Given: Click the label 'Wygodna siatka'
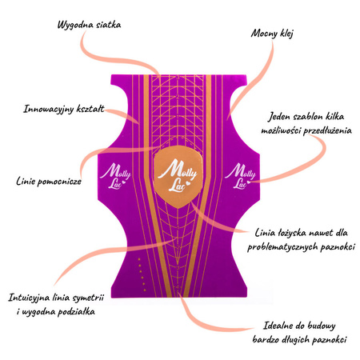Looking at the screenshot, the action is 89,25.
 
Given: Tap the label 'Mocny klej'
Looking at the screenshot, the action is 272,34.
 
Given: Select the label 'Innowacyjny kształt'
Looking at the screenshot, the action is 64,109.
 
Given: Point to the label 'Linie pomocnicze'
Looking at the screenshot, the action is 49,182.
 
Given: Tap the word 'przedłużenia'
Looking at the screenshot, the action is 328,130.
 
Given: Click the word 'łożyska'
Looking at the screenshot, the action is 291,233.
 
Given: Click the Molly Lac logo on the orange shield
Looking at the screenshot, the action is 178,175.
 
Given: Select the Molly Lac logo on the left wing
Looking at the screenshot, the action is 115,176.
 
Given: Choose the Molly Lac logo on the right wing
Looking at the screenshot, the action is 240,176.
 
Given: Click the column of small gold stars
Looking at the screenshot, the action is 142,274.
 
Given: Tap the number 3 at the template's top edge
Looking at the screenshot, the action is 178,78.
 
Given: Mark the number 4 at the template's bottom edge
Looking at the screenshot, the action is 178,287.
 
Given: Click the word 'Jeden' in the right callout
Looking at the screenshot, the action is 279,117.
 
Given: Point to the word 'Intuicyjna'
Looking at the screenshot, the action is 29,298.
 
